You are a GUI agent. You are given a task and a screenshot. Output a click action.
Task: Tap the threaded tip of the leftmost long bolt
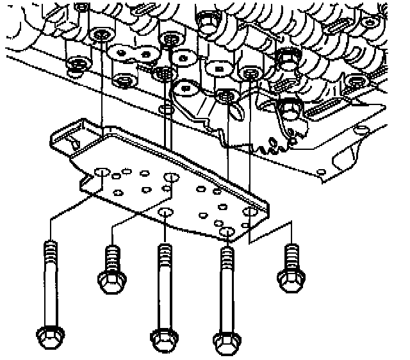[x=50, y=249]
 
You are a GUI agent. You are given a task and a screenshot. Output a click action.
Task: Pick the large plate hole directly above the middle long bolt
[x=165, y=213]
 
